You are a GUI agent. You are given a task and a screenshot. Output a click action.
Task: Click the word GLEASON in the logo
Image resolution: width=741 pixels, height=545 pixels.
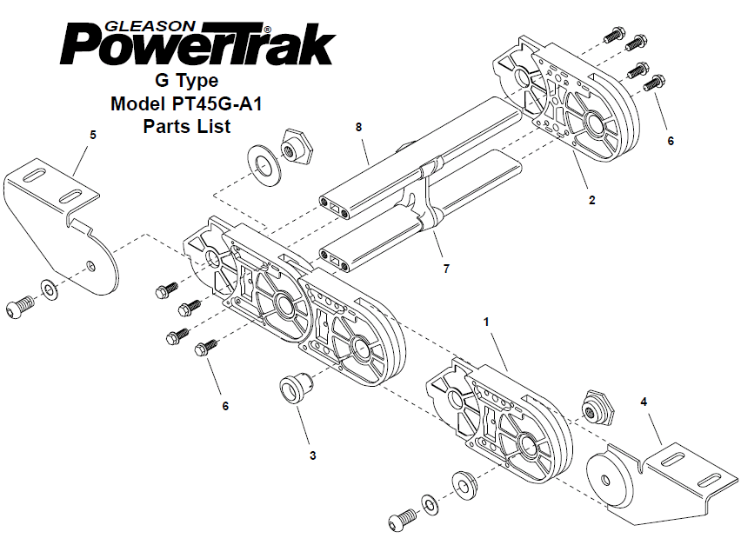coord(150,26)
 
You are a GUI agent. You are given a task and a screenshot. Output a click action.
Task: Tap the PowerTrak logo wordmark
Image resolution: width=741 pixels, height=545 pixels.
coord(197,44)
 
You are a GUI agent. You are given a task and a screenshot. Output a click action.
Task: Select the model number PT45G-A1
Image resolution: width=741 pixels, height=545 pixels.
coord(217,103)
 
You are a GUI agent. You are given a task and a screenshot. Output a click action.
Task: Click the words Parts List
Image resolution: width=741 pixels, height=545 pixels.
coord(187,126)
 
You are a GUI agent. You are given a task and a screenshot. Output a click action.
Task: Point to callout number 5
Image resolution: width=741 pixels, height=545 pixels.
coord(92,135)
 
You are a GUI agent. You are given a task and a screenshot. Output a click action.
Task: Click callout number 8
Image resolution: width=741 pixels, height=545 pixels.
coord(358,127)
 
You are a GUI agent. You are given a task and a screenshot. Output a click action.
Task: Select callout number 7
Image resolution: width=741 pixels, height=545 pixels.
coord(446,269)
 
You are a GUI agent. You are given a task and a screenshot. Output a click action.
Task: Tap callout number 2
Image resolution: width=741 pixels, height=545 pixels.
coord(591,200)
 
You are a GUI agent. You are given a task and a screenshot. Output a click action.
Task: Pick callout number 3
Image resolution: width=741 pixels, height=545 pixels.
coord(312,455)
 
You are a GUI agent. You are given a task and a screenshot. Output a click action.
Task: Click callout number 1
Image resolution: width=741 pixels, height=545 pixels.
coord(486,322)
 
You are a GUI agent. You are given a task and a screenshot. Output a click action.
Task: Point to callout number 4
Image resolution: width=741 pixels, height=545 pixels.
coord(644,402)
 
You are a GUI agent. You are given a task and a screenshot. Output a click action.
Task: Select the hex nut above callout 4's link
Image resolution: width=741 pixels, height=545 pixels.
coord(598,407)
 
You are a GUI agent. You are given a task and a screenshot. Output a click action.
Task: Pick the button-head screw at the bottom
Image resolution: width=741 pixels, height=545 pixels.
coord(403,520)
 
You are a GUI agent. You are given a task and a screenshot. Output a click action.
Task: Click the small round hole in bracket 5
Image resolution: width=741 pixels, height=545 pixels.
coord(91,265)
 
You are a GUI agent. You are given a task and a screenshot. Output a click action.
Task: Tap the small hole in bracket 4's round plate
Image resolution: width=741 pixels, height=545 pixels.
coord(605,481)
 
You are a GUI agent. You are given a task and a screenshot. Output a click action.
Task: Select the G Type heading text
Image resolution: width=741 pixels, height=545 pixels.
coord(187,81)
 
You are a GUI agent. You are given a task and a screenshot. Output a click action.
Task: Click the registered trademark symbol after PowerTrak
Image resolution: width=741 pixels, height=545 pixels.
coord(268,30)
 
